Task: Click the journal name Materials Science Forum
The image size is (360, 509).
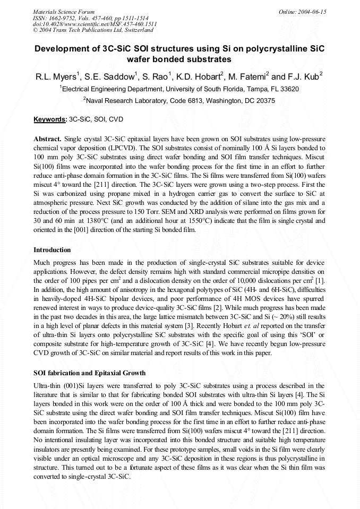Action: coord(64,11)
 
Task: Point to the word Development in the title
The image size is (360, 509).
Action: coord(64,48)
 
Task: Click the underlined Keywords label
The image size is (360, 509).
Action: coord(49,120)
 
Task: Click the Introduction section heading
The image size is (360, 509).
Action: coord(53,250)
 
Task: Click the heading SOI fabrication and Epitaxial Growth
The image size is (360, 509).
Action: coord(89,373)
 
